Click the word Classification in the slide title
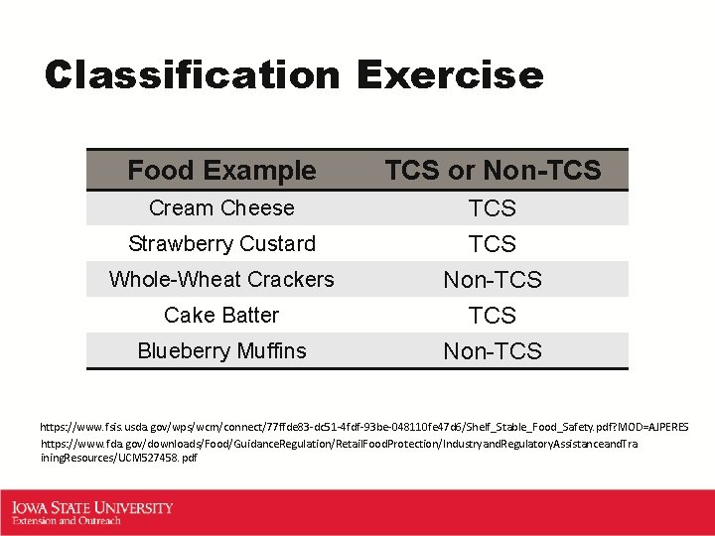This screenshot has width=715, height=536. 193,75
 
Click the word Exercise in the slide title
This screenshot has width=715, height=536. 450,75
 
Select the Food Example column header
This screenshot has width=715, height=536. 221,171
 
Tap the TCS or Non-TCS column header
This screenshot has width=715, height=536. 493,171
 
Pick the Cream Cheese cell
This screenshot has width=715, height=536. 221,207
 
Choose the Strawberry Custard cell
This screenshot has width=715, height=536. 221,243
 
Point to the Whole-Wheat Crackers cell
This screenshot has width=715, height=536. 221,279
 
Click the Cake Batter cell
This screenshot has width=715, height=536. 221,315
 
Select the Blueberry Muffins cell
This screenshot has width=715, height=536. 221,350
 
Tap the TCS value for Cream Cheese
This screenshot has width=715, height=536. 493,208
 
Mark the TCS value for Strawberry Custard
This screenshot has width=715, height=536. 493,244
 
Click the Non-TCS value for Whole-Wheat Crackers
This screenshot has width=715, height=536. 493,280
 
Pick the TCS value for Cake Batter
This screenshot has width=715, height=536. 493,316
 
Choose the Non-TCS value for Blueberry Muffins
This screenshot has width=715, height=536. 493,351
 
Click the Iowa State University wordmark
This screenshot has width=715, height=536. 92,507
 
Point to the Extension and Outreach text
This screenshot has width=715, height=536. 67,520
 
